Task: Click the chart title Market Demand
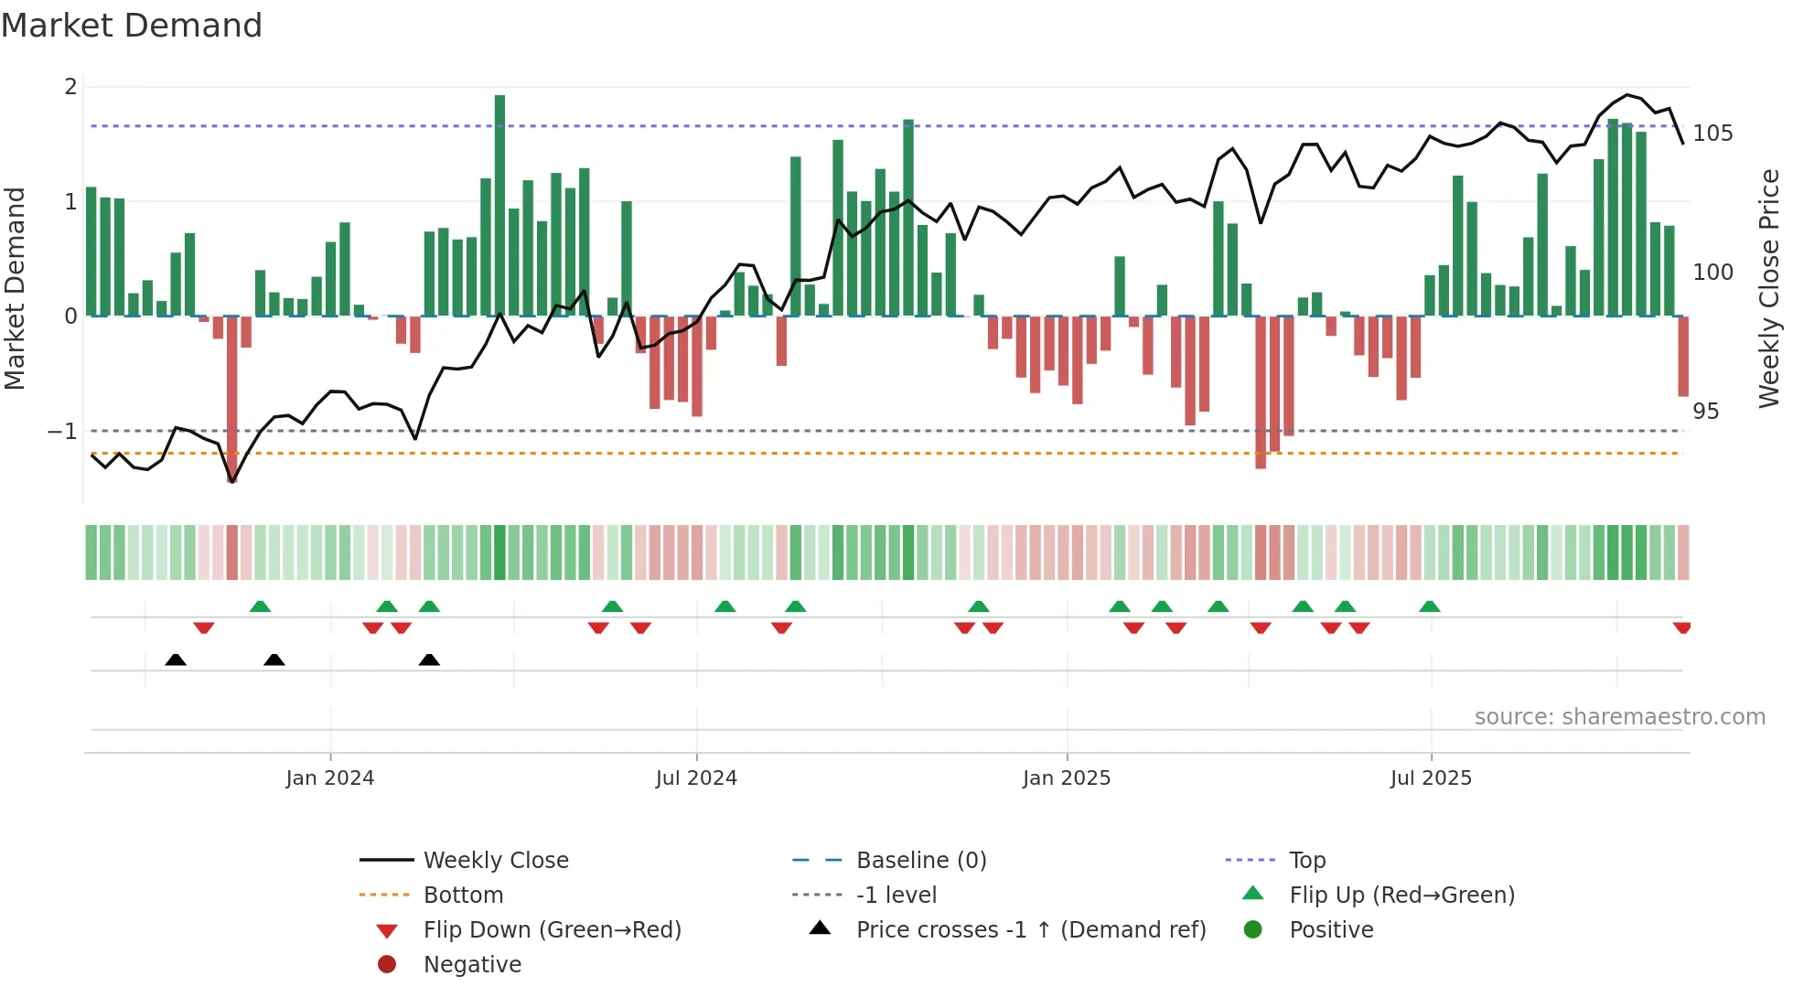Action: tap(132, 26)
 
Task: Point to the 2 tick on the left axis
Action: tap(70, 87)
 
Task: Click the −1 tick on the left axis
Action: tap(63, 431)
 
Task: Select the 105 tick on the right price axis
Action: tap(1712, 134)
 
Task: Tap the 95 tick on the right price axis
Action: tap(1705, 412)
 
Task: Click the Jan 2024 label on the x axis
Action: tap(329, 778)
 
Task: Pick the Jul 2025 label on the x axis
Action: tap(1431, 778)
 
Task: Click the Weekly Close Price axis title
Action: tap(1769, 288)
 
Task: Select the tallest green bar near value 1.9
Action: tap(499, 201)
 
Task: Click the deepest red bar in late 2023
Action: tap(232, 398)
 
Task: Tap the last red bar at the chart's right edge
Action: tap(1683, 357)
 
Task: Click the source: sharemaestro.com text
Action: tap(1619, 717)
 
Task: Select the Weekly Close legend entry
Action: tap(495, 861)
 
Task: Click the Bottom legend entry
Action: tap(463, 895)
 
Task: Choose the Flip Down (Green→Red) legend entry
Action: tap(552, 930)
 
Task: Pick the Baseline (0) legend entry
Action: tap(920, 861)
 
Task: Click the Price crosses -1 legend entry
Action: tap(1030, 930)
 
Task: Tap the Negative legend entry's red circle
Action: tap(387, 965)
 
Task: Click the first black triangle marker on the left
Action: tap(176, 660)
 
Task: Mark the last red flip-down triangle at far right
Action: tap(1681, 627)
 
